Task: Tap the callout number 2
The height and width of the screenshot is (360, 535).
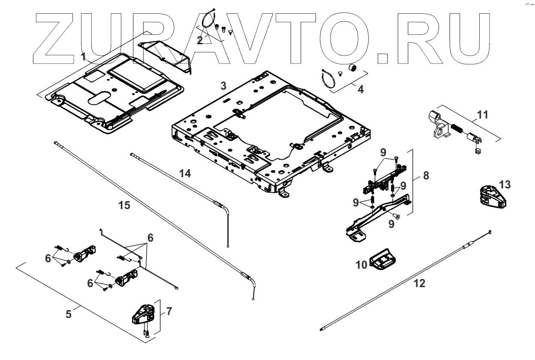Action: (x=200, y=40)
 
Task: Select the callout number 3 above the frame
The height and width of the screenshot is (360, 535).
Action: (x=223, y=85)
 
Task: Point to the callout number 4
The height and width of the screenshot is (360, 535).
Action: (x=361, y=90)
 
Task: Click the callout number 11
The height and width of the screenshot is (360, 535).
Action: (x=482, y=115)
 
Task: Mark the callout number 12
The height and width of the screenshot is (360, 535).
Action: (x=419, y=284)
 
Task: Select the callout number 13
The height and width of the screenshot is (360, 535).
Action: (x=505, y=185)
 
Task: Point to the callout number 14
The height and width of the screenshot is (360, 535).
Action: (x=185, y=173)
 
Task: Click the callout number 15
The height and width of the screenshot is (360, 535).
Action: (x=124, y=206)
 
